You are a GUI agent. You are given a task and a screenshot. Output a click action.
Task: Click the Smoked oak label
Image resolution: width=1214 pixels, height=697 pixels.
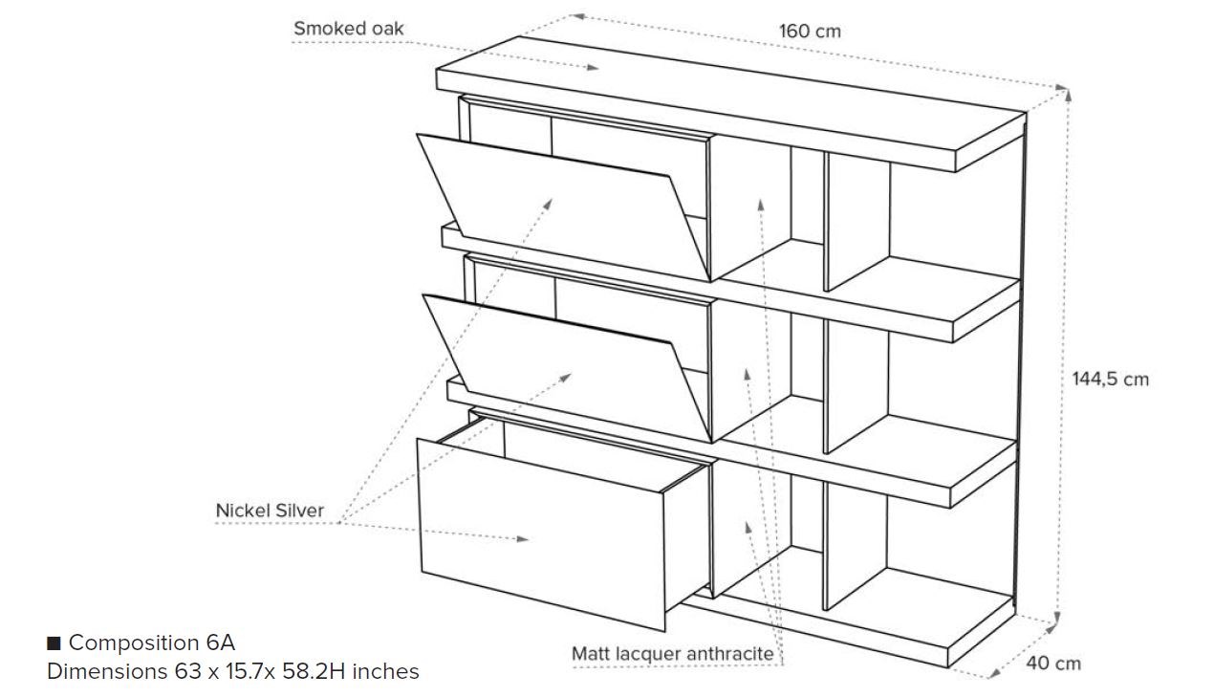click(x=348, y=29)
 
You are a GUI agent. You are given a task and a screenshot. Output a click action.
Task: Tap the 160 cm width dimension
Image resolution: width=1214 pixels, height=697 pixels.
click(x=810, y=31)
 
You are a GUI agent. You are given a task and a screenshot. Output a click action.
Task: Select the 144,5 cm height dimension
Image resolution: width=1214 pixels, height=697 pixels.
click(x=1110, y=379)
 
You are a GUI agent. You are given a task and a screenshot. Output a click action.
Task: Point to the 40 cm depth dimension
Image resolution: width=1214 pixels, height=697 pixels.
click(x=1053, y=663)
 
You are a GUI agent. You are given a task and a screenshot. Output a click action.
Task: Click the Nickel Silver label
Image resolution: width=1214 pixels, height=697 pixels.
click(x=270, y=511)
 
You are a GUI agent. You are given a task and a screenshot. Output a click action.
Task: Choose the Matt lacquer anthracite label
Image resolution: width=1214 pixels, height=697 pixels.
click(x=672, y=654)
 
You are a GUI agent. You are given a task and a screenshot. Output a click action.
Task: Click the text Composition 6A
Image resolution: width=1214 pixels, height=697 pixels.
click(x=151, y=643)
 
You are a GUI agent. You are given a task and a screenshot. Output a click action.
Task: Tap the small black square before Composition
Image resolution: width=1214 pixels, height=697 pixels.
click(x=54, y=643)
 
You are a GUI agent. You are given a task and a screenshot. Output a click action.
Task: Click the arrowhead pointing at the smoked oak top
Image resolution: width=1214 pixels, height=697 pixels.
click(x=594, y=68)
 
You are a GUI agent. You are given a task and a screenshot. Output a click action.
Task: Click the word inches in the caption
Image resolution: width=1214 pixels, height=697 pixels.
click(x=386, y=671)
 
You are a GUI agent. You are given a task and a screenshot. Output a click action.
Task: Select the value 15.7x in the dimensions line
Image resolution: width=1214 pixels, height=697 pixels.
click(x=250, y=671)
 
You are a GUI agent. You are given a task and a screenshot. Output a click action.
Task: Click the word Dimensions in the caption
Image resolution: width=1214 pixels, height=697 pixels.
click(x=107, y=671)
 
